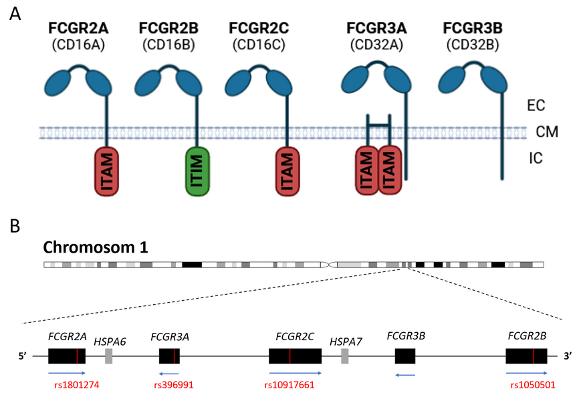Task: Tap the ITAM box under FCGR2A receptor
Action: (106, 171)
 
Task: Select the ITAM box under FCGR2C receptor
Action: (288, 171)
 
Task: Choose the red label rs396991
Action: (174, 385)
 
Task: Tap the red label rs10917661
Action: (288, 385)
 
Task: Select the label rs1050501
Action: (533, 385)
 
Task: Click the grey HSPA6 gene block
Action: (109, 356)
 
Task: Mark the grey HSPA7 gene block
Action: (345, 356)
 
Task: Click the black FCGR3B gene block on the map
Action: (405, 356)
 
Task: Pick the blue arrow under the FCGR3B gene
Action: (405, 375)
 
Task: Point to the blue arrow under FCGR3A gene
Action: (168, 373)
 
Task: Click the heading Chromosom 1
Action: (95, 247)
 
